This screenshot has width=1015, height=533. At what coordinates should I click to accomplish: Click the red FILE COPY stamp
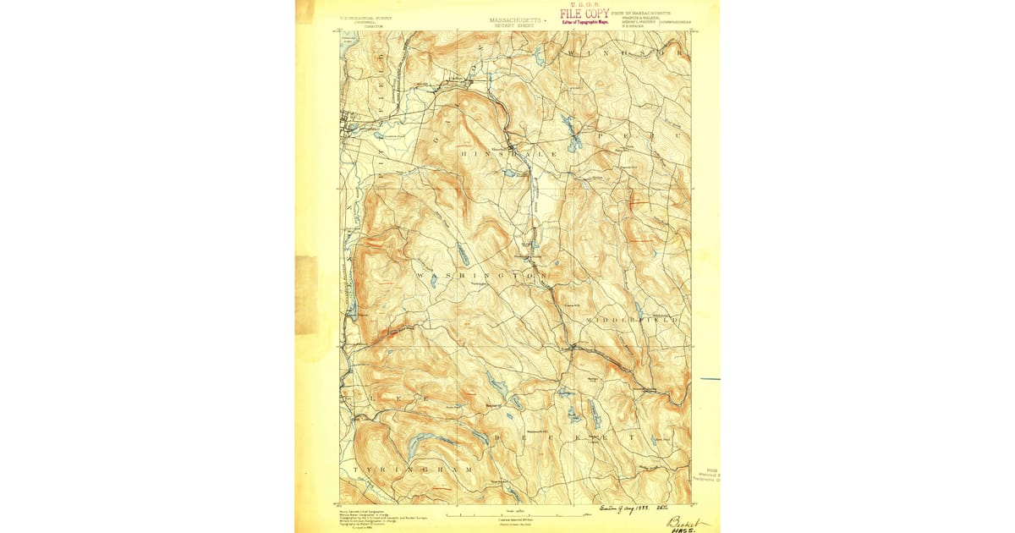tap(584, 15)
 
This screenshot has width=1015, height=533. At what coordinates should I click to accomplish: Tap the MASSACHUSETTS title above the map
tap(514, 19)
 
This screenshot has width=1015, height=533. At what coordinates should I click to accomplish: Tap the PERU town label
tap(627, 136)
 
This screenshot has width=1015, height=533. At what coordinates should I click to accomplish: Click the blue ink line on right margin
tap(710, 379)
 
